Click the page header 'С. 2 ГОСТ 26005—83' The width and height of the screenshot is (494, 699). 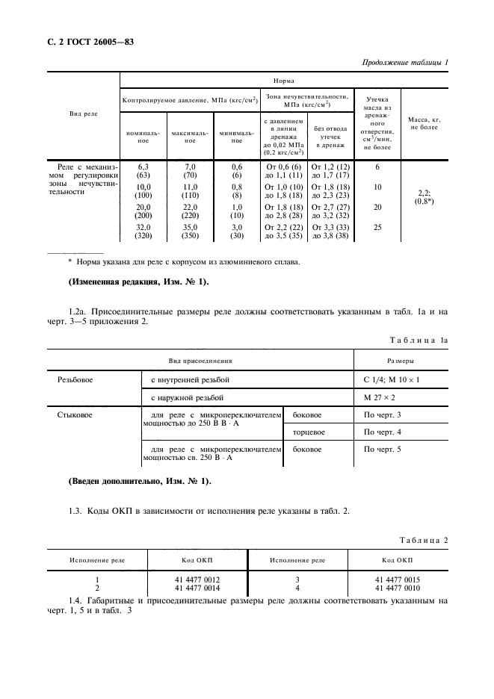86,43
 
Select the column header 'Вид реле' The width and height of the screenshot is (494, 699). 83,114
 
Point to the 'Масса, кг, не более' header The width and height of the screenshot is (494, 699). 424,123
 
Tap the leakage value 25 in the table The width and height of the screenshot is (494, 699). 377,227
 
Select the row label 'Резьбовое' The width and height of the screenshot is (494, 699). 75,380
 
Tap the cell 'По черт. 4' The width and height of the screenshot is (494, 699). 382,432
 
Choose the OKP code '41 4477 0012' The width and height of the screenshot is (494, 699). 196,579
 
